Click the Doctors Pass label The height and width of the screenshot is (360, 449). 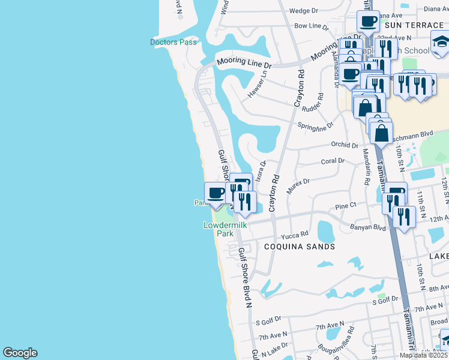coord(173,42)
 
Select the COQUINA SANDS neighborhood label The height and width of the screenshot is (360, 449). coord(296,247)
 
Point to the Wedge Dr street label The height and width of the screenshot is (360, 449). coord(303,11)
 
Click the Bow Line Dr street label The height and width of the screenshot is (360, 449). coord(312,26)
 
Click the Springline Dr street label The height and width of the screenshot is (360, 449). coord(315,125)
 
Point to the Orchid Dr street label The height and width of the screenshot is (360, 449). coord(345,145)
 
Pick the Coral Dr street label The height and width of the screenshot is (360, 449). coord(333,161)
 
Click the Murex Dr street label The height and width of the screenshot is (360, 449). coord(298,182)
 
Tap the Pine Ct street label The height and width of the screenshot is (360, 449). coord(346,205)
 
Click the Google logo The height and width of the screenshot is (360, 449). coord(20,353)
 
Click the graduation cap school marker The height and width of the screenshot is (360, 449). coord(441,42)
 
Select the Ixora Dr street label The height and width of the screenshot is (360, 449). coord(261,170)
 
